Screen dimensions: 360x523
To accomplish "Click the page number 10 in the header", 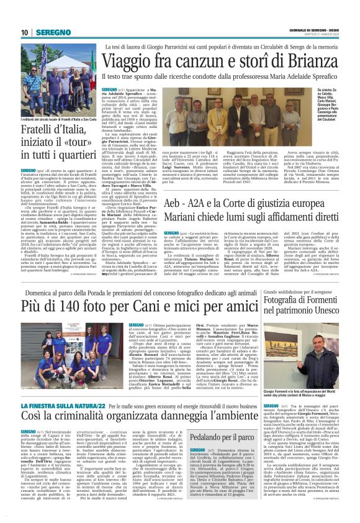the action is pyautogui.click(x=25, y=32).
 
